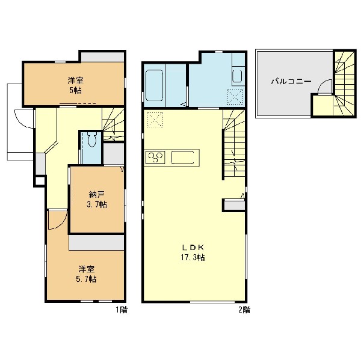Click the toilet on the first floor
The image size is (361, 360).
click(x=92, y=139)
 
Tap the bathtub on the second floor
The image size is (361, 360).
click(x=155, y=85)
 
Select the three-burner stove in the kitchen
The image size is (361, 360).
click(x=155, y=157)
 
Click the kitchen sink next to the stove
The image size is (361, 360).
click(x=182, y=157)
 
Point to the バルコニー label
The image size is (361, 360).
click(x=291, y=81)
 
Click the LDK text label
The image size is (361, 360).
click(x=193, y=248)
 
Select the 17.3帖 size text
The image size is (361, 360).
click(x=193, y=257)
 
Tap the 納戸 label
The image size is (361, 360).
click(x=97, y=195)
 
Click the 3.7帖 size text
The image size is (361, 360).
click(x=97, y=204)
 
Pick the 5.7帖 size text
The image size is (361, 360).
click(x=86, y=279)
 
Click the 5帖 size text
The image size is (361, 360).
click(x=76, y=90)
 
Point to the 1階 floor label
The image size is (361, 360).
click(x=122, y=310)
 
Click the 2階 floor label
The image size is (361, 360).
click(x=244, y=310)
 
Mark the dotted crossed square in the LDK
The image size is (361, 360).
click(x=155, y=120)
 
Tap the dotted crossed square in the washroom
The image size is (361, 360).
click(x=235, y=97)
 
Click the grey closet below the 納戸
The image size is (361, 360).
click(x=97, y=242)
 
